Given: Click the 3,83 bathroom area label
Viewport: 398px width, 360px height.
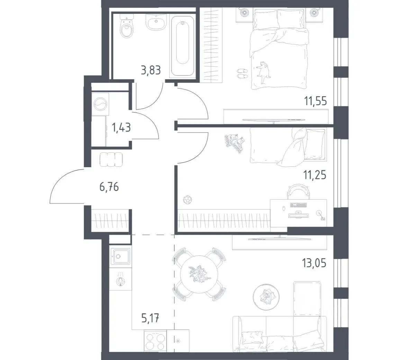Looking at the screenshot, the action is click(x=151, y=70).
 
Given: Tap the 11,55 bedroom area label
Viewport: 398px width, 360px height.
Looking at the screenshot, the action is click(x=316, y=101).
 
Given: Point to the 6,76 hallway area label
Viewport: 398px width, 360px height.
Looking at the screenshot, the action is click(x=109, y=187).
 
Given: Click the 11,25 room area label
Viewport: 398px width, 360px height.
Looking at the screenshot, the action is click(x=315, y=175).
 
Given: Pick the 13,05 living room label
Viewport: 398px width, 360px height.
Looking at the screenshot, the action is click(x=314, y=263).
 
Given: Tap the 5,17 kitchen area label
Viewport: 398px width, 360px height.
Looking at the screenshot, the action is click(x=150, y=318).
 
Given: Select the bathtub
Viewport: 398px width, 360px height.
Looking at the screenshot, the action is click(x=182, y=46).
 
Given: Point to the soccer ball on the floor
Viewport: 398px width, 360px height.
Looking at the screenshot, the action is click(x=187, y=200).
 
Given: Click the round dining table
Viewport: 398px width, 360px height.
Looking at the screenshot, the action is click(x=199, y=274).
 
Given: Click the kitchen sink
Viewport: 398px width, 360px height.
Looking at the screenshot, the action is click(x=121, y=256).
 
